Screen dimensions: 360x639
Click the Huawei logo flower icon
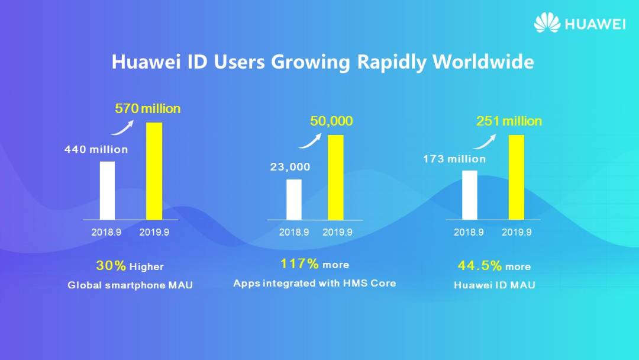click(547, 22)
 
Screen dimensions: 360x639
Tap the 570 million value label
click(148, 109)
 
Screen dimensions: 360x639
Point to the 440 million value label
click(96, 150)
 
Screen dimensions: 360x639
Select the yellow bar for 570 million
click(154, 171)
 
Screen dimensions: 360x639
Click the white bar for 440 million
click(107, 190)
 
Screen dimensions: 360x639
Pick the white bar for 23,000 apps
click(294, 199)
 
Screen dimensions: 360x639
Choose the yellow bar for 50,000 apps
click(335, 177)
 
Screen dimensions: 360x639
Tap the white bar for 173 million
click(469, 195)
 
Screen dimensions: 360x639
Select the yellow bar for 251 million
click(517, 177)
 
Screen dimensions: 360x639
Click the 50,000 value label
click(331, 121)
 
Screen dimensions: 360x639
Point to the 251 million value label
click(509, 121)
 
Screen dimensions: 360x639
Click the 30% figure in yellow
click(111, 266)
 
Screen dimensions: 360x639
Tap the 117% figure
click(299, 263)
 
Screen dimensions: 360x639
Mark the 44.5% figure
click(479, 266)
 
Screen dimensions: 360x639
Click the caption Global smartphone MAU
click(130, 285)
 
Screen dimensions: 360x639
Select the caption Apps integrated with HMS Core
click(314, 283)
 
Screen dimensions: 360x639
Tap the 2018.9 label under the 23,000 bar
click(294, 233)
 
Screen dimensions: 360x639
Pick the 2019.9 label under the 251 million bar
click(517, 233)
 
